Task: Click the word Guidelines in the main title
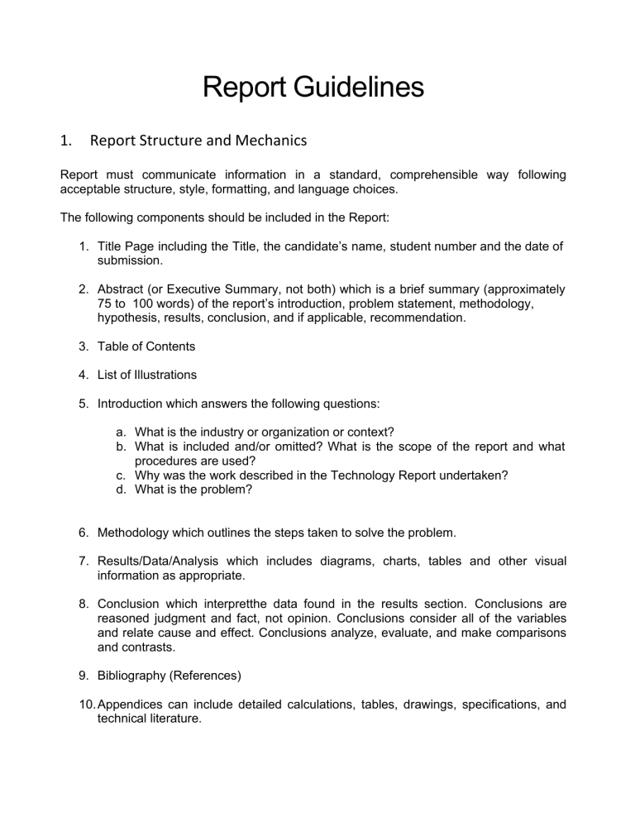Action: [x=353, y=86]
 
